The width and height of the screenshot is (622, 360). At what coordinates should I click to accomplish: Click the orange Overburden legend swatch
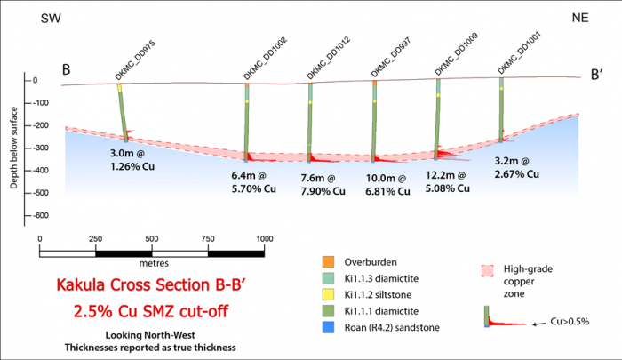pyautogui.click(x=328, y=262)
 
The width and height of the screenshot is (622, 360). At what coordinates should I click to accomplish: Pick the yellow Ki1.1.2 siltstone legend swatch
pyautogui.click(x=328, y=294)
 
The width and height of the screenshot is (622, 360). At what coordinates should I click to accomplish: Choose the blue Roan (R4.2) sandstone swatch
pyautogui.click(x=328, y=326)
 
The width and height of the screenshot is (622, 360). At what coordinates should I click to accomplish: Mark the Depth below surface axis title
pyautogui.click(x=14, y=147)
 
